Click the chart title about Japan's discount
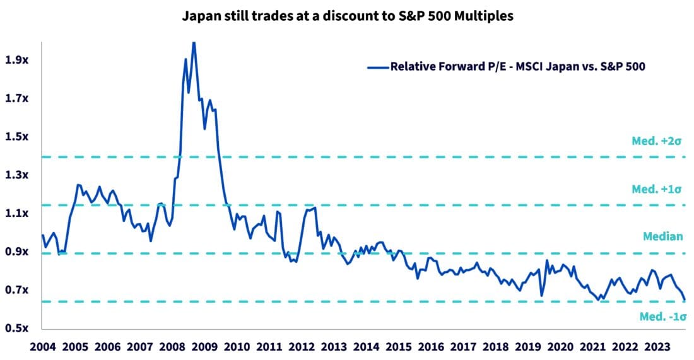pos(348,17)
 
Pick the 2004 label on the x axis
pos(42,347)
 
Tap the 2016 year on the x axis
pos(431,347)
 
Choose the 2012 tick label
pos(302,347)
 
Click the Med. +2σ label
pos(657,141)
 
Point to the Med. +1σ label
pos(657,189)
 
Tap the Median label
pos(662,236)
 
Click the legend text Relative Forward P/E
pos(517,66)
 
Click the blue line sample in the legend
pos(377,66)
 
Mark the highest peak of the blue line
pos(194,42)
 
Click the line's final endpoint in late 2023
pos(685,299)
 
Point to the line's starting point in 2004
pos(42,235)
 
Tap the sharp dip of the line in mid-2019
pos(541,295)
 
